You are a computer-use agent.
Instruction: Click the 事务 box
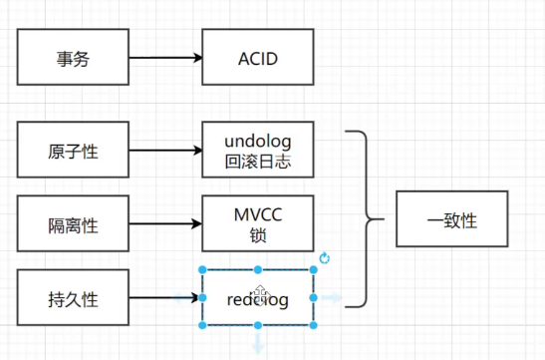tap(73, 58)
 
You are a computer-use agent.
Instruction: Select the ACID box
tap(258, 58)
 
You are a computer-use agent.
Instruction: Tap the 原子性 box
tap(73, 152)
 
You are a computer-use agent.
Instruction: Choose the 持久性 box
tap(73, 298)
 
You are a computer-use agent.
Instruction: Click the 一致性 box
tap(451, 219)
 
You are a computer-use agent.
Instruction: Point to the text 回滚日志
tap(258, 161)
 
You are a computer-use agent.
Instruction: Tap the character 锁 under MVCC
tap(258, 235)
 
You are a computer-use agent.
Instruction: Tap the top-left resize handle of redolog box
tap(203, 270)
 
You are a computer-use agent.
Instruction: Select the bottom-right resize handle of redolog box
tap(314, 325)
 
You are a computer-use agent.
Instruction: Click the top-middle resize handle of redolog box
tap(258, 270)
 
